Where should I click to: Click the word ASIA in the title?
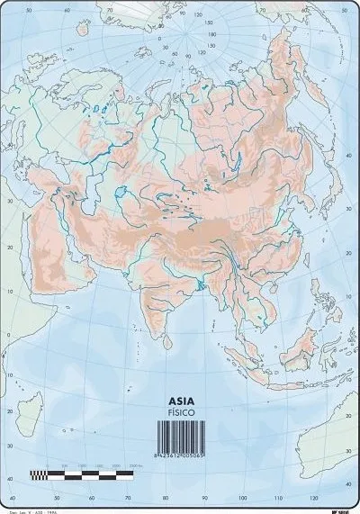pyautogui.click(x=179, y=403)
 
